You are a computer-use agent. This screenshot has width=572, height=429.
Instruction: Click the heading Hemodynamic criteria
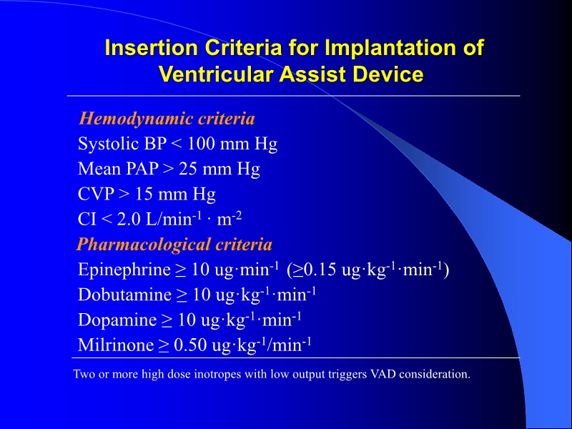167,118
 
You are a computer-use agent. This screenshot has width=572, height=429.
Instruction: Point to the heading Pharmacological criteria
174,245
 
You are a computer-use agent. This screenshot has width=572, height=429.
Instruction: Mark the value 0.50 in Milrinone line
189,345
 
